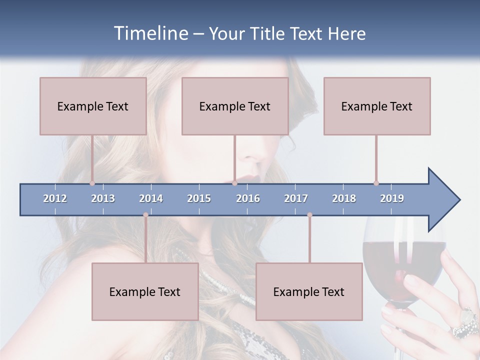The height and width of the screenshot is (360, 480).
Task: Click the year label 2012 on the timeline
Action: click(x=55, y=198)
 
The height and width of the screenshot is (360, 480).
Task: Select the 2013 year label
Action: click(x=103, y=198)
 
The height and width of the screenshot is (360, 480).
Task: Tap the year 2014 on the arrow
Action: click(x=151, y=198)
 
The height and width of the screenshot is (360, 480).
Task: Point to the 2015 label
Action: click(x=199, y=198)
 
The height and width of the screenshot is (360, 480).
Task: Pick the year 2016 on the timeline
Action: click(x=248, y=198)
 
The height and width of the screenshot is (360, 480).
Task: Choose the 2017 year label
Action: click(x=296, y=198)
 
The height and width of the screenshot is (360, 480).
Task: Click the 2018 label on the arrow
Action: click(x=344, y=198)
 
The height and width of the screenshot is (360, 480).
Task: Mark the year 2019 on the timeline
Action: click(x=392, y=198)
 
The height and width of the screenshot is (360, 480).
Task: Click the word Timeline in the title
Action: click(x=150, y=33)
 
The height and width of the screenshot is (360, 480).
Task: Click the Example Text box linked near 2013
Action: click(x=93, y=106)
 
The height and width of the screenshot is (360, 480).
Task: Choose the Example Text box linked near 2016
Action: click(x=235, y=106)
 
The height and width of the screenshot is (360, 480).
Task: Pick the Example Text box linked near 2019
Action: click(x=377, y=106)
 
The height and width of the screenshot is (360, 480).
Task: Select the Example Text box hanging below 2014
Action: click(x=145, y=291)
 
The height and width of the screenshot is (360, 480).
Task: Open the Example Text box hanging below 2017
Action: click(x=309, y=291)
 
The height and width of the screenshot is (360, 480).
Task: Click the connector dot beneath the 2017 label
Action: click(x=309, y=215)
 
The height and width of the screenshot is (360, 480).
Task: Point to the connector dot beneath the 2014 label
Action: click(x=145, y=215)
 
